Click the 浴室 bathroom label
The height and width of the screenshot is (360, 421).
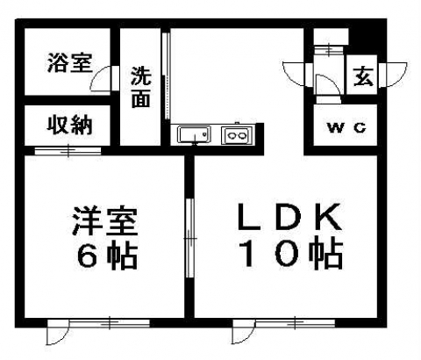(x=70, y=62)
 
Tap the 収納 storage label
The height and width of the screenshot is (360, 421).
(x=70, y=126)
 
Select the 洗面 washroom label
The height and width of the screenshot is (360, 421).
(x=141, y=87)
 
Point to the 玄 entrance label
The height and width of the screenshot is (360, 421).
(x=363, y=76)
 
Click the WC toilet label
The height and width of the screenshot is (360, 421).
(x=346, y=127)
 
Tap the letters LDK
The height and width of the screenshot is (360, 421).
(x=289, y=216)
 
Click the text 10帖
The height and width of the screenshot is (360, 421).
(x=291, y=254)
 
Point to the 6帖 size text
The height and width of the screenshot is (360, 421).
(x=107, y=256)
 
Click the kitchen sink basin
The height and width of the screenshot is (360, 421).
(x=194, y=134)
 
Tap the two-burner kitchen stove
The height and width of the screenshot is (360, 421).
(x=236, y=135)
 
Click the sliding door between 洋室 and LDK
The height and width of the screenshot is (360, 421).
(x=190, y=238)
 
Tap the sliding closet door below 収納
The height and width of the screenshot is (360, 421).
(x=68, y=151)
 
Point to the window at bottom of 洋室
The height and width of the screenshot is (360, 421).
(x=110, y=323)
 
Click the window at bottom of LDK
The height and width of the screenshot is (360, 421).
(x=295, y=323)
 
